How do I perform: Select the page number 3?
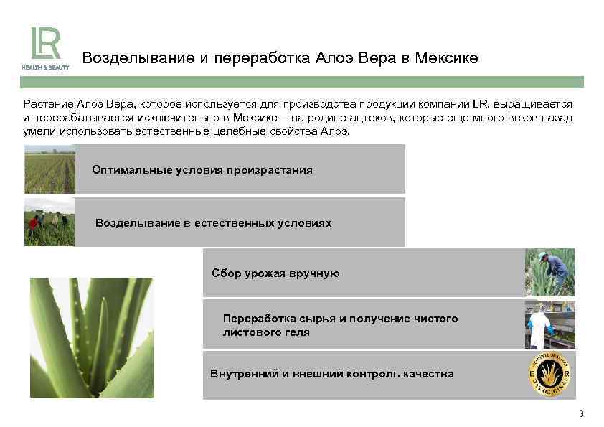[x=580, y=414]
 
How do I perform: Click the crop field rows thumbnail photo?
[x=49, y=169]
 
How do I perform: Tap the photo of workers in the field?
[x=49, y=222]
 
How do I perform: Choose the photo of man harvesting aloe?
[x=549, y=273]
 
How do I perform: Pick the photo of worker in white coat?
[x=549, y=324]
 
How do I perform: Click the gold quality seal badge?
[x=549, y=375]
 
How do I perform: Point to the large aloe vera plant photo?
[x=91, y=337]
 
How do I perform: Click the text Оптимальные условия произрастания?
[x=202, y=170]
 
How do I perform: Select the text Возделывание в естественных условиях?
[x=214, y=223]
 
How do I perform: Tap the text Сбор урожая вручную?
[x=276, y=273]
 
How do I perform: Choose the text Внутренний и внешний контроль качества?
[x=332, y=374]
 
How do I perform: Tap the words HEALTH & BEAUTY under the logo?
[x=45, y=67]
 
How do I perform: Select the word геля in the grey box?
[x=296, y=332]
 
